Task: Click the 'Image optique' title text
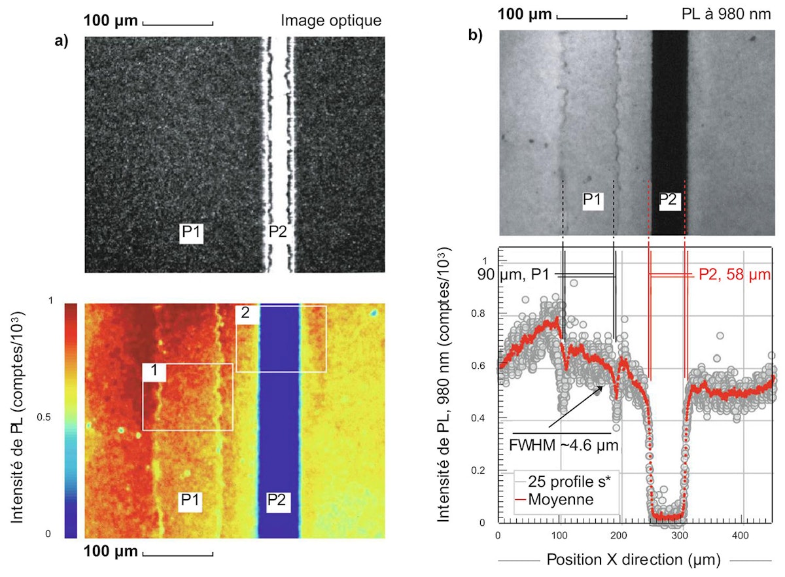click(331, 20)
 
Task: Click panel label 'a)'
click(62, 42)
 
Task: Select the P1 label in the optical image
click(192, 232)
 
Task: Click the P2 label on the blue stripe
click(279, 502)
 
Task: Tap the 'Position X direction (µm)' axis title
click(632, 560)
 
